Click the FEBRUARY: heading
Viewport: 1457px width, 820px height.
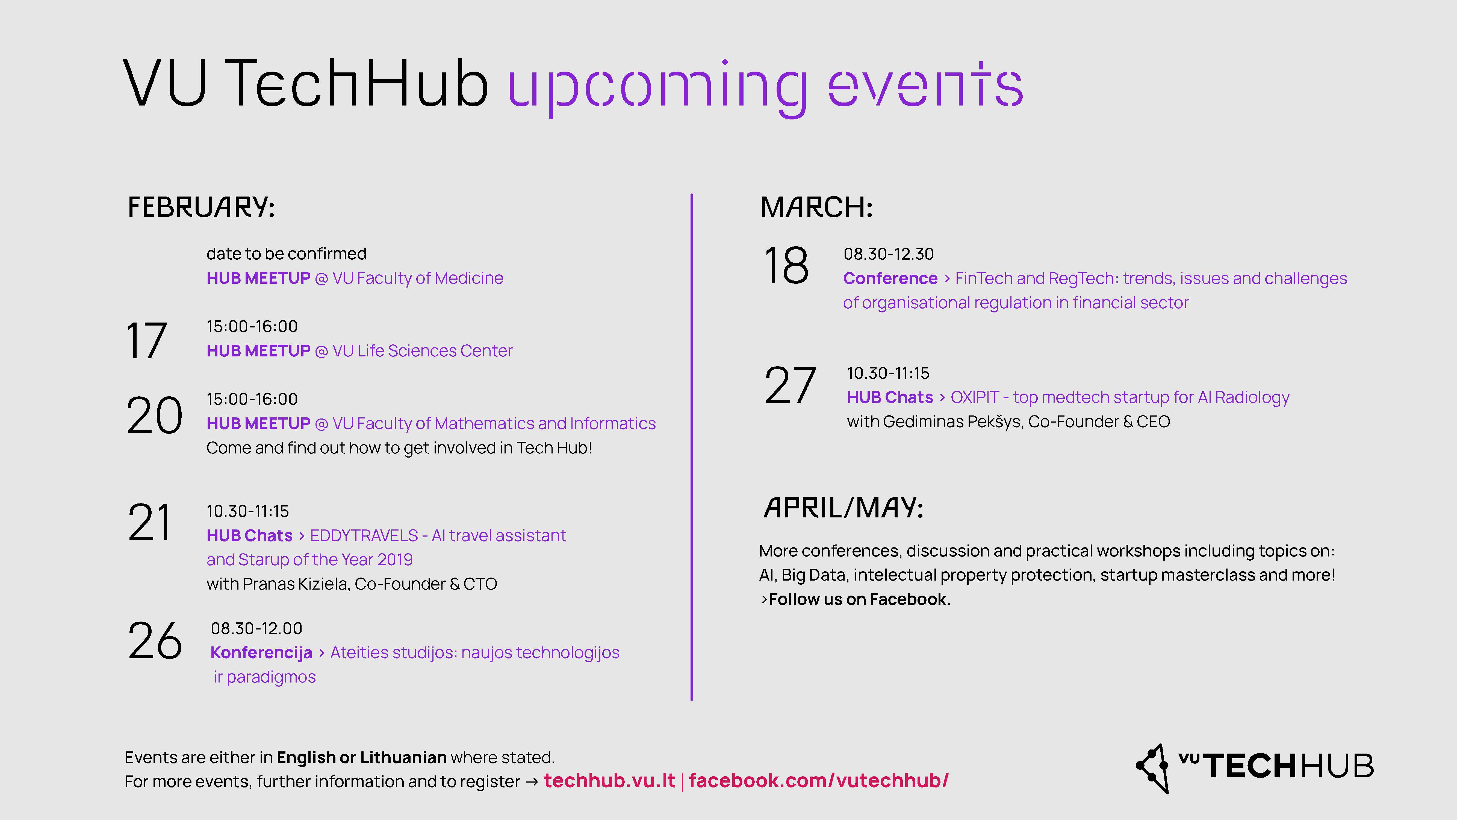pyautogui.click(x=201, y=207)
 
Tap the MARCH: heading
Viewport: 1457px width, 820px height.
pyautogui.click(x=816, y=207)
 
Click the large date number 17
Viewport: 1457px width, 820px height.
pyautogui.click(x=146, y=341)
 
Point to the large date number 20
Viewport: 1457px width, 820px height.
pyautogui.click(x=154, y=415)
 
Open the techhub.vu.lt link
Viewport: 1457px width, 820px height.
pyautogui.click(x=609, y=780)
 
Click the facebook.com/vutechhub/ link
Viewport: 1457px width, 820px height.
pyautogui.click(x=818, y=780)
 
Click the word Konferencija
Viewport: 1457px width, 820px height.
pyautogui.click(x=261, y=652)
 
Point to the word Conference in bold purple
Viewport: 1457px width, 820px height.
pyautogui.click(x=890, y=279)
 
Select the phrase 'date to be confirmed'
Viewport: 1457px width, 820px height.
pyautogui.click(x=286, y=254)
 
